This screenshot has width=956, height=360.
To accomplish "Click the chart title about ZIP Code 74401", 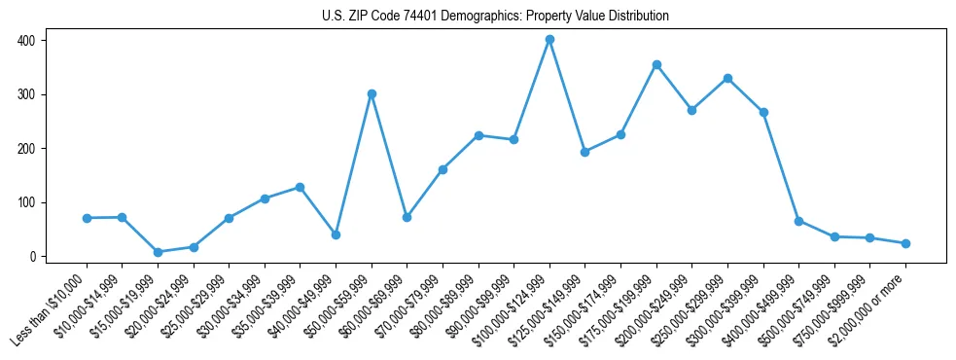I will click(495, 17).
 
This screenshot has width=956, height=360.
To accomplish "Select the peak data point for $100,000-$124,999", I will click(549, 40).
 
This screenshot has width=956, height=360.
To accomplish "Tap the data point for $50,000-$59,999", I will click(372, 94).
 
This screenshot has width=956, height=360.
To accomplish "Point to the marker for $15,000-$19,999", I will click(158, 252).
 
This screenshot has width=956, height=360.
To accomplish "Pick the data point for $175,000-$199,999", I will click(656, 64).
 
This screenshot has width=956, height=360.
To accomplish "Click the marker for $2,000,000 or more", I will click(905, 243).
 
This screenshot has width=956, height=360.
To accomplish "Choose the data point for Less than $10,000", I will click(87, 218).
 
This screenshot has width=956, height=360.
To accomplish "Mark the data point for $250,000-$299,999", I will click(727, 78).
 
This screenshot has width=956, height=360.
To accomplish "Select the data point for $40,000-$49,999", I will click(336, 234).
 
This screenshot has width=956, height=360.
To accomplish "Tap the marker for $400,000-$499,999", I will click(798, 221).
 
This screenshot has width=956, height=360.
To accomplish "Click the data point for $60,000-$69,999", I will click(407, 217).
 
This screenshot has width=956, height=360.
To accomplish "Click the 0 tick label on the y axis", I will click(33, 257).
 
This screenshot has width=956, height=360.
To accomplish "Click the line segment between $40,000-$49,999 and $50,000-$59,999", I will click(354, 164).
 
